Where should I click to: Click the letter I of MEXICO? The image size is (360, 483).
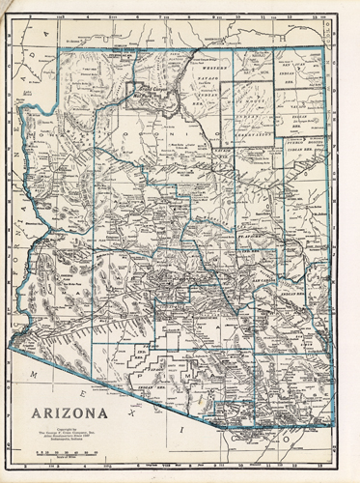point(176,426)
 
